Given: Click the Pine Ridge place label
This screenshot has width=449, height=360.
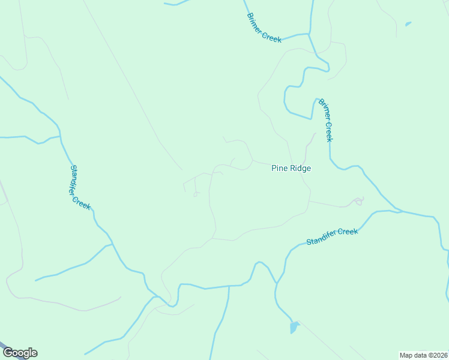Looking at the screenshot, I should (x=291, y=169).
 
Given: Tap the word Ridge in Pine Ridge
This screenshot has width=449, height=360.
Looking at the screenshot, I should (x=300, y=169).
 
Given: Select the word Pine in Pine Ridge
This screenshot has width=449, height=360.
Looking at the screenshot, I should (x=279, y=169).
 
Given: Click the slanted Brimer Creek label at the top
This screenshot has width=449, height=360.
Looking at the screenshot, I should (x=264, y=28).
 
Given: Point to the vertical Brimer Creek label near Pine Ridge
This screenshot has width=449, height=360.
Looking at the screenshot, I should (x=325, y=120).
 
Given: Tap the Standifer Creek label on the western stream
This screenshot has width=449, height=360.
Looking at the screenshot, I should (x=80, y=187).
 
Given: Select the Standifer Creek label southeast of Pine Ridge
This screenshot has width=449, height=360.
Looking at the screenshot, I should (x=332, y=236).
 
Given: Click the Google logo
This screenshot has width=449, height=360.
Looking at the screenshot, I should (x=20, y=353).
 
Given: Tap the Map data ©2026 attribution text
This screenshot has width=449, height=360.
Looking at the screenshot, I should (x=423, y=355).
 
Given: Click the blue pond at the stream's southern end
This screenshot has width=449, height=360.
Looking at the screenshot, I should (x=294, y=328).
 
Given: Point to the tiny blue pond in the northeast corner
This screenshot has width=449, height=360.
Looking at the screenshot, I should (x=408, y=24).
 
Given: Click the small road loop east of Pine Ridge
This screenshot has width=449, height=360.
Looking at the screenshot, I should (x=359, y=201).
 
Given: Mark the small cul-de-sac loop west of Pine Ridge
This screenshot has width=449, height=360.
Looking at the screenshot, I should (x=196, y=194).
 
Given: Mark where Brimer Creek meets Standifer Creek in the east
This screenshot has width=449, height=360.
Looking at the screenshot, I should (x=396, y=211).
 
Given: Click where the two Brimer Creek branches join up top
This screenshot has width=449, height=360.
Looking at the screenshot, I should (x=310, y=34).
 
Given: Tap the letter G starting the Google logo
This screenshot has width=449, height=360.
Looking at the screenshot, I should (x=8, y=353).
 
